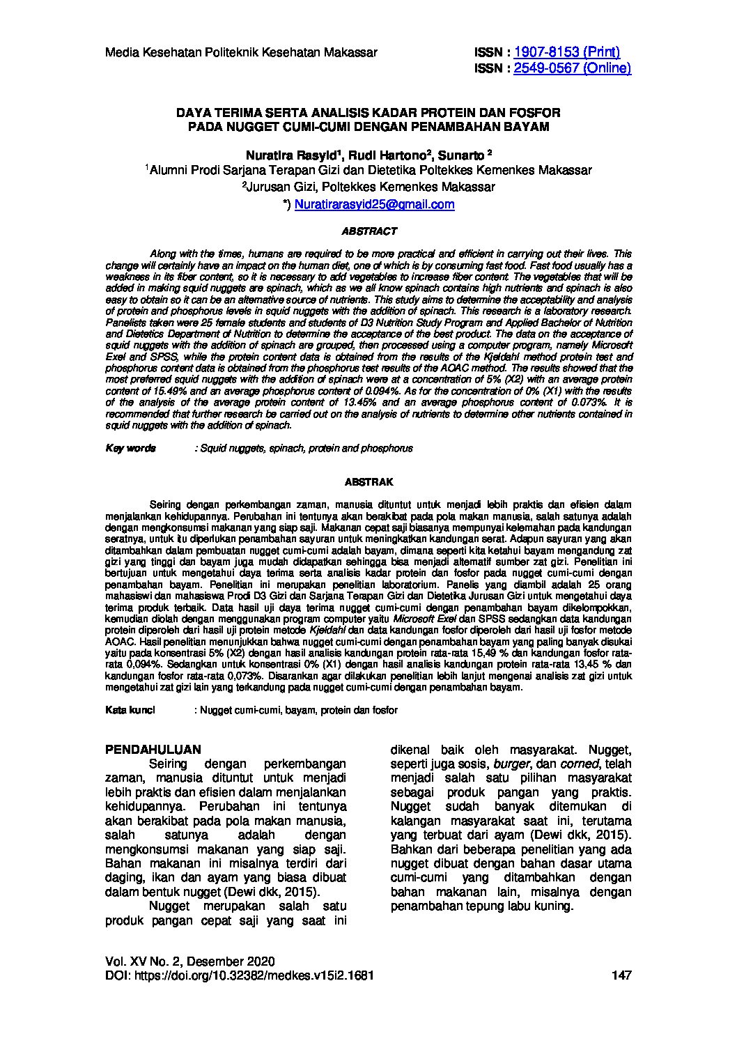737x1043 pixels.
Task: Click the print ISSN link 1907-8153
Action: pyautogui.click(x=566, y=52)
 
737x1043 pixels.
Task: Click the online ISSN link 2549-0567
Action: pyautogui.click(x=572, y=68)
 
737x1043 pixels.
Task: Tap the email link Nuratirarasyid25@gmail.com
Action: pyautogui.click(x=375, y=205)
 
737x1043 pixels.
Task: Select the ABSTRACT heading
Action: pyautogui.click(x=369, y=231)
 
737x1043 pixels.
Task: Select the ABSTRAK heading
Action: pyautogui.click(x=369, y=481)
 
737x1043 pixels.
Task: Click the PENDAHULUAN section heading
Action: pyautogui.click(x=153, y=750)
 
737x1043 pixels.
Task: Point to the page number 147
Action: pyautogui.click(x=621, y=976)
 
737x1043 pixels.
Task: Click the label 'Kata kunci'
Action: pyautogui.click(x=130, y=710)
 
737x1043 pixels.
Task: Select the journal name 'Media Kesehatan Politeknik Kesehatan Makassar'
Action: pyautogui.click(x=241, y=52)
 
